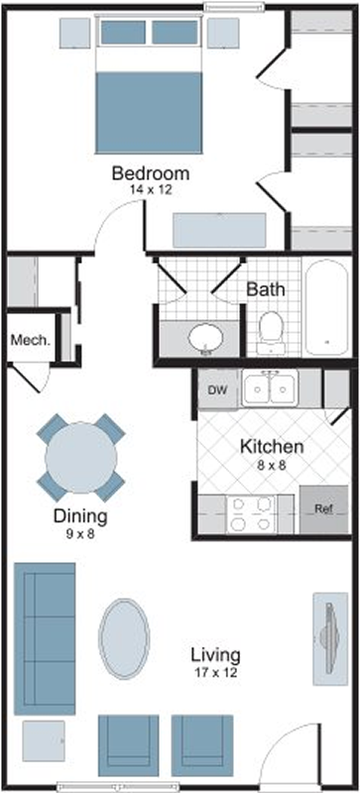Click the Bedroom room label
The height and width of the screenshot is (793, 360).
click(151, 173)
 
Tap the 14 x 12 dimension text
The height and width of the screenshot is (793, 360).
click(151, 190)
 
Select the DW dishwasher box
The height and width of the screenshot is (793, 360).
click(218, 389)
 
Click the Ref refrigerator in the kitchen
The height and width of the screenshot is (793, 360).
click(324, 510)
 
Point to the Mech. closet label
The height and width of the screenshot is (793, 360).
click(31, 340)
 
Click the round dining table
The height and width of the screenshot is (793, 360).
click(81, 458)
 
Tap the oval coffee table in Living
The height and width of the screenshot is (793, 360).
click(124, 638)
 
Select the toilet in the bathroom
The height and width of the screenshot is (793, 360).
click(271, 332)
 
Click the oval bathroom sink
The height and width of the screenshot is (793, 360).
click(206, 337)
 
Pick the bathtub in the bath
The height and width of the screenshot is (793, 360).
click(326, 307)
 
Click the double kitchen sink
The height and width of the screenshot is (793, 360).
click(270, 389)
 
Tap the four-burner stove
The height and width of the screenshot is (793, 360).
click(250, 513)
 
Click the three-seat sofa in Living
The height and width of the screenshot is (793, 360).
click(45, 638)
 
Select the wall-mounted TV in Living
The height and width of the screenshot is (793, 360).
click(330, 638)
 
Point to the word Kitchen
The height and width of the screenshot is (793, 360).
click(272, 447)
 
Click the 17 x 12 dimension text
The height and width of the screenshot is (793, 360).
click(215, 672)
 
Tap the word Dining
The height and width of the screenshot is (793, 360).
click(80, 516)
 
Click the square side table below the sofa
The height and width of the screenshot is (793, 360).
click(44, 740)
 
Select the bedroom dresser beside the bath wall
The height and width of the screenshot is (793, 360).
click(220, 230)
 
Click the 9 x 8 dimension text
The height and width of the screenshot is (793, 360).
click(80, 533)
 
